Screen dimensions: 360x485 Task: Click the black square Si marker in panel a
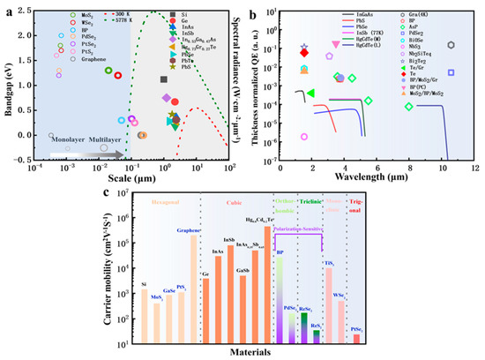click(x=163, y=80)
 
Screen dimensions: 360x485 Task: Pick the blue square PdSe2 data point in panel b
click(x=451, y=72)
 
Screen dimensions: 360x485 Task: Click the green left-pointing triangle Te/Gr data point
click(x=310, y=93)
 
